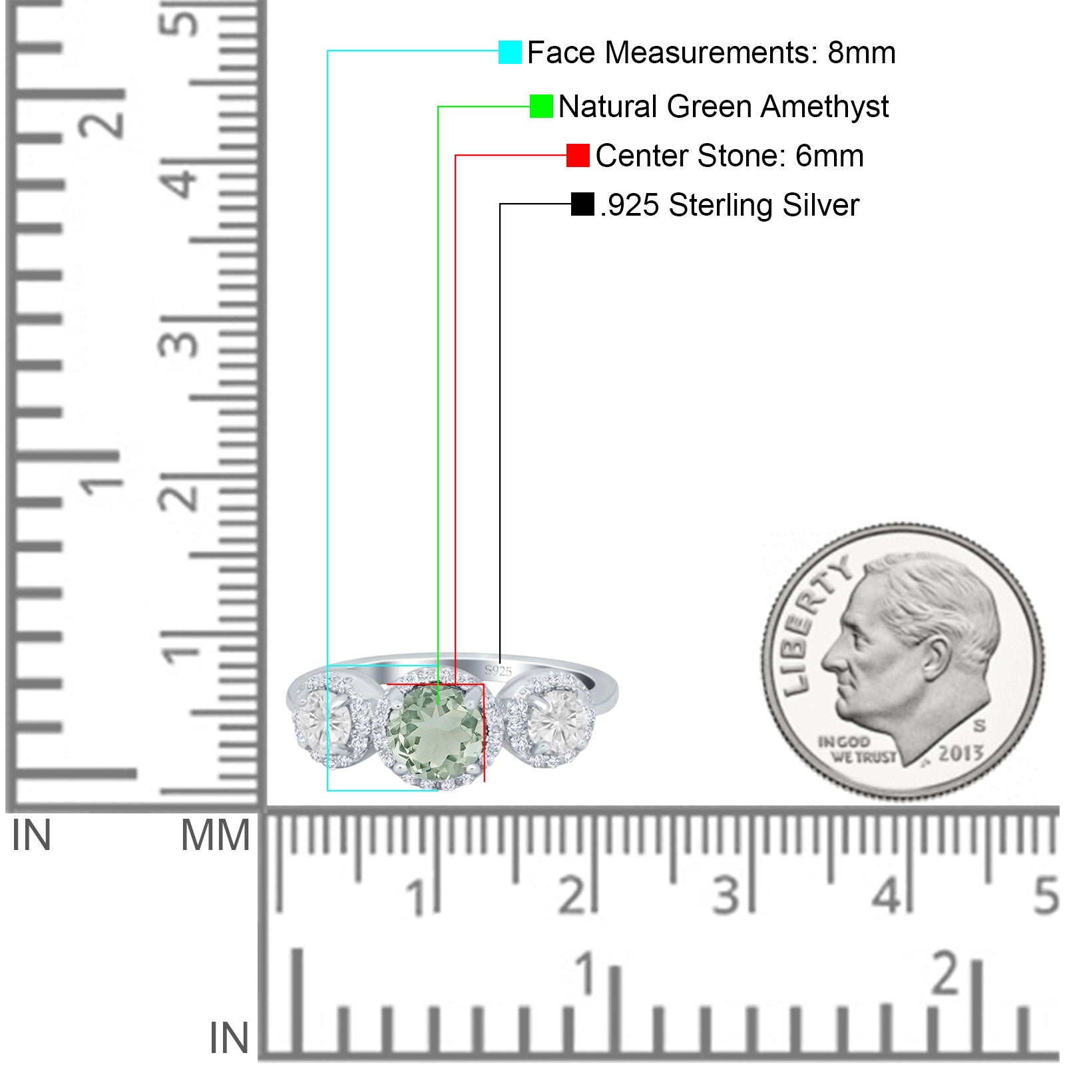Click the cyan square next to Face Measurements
(510, 52)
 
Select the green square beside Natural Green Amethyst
(541, 106)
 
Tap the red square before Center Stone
(578, 156)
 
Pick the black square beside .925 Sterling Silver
(582, 204)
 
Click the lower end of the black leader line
(500, 663)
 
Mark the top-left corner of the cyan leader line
(327, 51)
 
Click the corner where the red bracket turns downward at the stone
(484, 684)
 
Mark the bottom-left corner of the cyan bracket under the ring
(327, 790)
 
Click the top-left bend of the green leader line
(438, 106)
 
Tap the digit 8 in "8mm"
(836, 53)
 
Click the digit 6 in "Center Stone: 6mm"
(803, 156)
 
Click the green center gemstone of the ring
(435, 731)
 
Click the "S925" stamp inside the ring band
(499, 671)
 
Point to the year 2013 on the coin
(960, 753)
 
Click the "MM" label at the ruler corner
(216, 835)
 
